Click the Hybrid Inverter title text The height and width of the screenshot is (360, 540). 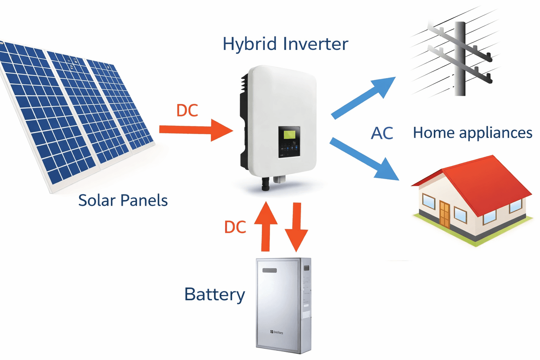pos(285,44)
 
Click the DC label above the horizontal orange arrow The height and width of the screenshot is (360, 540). pos(187,110)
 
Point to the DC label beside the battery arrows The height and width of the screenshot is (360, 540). pos(235,227)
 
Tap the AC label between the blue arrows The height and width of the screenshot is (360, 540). pos(382,133)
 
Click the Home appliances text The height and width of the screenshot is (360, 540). pos(472,133)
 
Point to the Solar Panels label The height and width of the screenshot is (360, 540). pos(123,200)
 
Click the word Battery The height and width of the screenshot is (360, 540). pos(214,294)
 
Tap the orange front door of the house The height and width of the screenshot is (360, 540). pos(444,214)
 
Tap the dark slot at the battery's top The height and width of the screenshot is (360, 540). pos(269,270)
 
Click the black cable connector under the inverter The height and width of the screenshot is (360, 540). pos(265,184)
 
